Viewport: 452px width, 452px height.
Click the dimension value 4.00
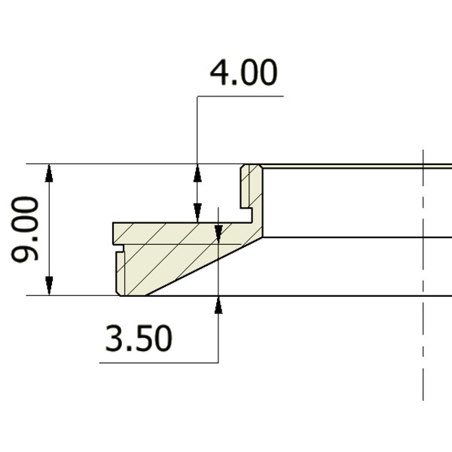242,75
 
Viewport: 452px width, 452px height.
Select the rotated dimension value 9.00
26,229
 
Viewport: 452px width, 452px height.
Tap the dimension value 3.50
139,340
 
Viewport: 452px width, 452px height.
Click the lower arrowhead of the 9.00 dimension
49,286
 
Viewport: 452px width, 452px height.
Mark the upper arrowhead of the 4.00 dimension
197,173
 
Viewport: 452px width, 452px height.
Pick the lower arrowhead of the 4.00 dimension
197,213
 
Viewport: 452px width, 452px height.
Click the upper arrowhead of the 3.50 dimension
218,231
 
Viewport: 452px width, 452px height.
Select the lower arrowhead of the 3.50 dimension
218,305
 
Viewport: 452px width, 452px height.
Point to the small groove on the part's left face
117,246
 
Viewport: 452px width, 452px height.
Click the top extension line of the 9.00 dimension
113,163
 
